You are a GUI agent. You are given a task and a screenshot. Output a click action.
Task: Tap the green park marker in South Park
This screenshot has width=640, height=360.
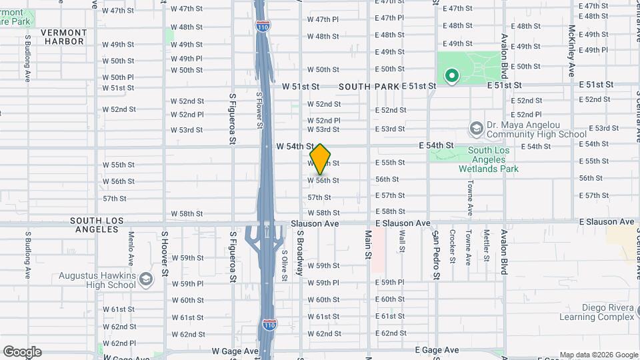point(451,77)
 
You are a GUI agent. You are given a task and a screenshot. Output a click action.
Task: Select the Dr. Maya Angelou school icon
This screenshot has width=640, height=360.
point(476,127)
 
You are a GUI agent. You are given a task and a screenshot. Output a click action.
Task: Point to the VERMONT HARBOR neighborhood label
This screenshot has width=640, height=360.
point(63,37)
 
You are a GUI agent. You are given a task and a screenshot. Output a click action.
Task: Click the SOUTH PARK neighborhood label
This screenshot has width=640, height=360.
point(369,87)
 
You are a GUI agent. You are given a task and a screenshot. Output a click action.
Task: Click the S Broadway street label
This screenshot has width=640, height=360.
point(301,253)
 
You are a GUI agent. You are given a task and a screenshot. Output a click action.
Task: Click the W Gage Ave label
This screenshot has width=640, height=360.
point(235,351)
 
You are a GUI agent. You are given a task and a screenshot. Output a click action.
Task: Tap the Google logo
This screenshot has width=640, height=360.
point(22,352)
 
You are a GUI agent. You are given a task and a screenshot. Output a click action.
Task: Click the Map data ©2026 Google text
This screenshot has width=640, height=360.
point(599,355)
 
